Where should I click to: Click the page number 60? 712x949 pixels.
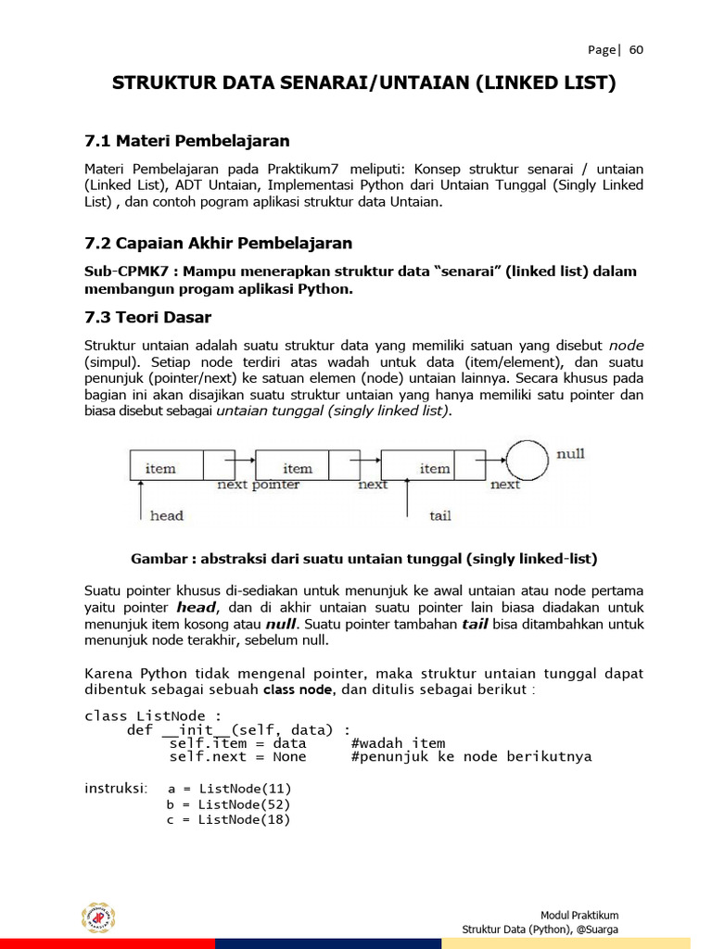636,50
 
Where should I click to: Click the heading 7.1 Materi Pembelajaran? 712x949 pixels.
187,141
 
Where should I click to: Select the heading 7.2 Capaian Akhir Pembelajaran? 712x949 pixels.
218,244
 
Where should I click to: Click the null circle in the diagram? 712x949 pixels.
528,461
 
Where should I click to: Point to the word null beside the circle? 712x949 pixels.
570,454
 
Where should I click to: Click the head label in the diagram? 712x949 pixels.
167,515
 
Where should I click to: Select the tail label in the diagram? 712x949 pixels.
439,515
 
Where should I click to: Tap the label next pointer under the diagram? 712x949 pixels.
258,485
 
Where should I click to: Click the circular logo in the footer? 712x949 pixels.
96,917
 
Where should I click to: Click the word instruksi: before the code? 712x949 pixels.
117,789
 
